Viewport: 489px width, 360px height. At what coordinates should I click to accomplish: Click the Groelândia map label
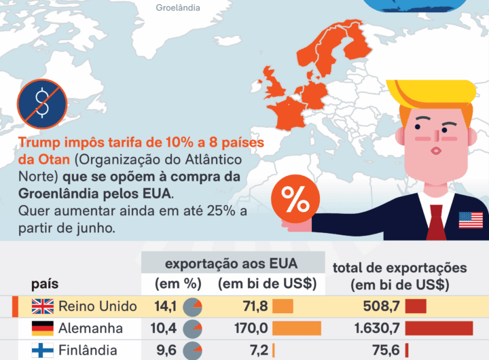(x=178, y=8)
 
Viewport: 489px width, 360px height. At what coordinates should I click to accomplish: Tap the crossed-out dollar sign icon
(x=42, y=103)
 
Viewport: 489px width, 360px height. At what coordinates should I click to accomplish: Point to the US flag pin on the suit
(x=471, y=219)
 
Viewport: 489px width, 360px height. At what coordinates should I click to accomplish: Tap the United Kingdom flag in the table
(x=43, y=306)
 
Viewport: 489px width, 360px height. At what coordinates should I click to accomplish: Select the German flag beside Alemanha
(x=43, y=329)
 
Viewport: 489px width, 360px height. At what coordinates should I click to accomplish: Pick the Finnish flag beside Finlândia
(x=43, y=350)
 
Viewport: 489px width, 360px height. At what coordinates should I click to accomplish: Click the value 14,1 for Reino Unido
(x=164, y=306)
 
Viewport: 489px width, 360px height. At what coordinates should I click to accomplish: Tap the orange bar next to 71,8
(x=283, y=306)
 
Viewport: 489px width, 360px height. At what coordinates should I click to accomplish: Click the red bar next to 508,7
(x=415, y=306)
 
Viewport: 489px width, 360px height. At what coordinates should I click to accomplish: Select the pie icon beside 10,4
(x=194, y=329)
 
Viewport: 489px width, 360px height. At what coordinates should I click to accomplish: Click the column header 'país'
(x=44, y=283)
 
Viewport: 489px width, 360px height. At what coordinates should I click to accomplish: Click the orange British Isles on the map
(x=277, y=87)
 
